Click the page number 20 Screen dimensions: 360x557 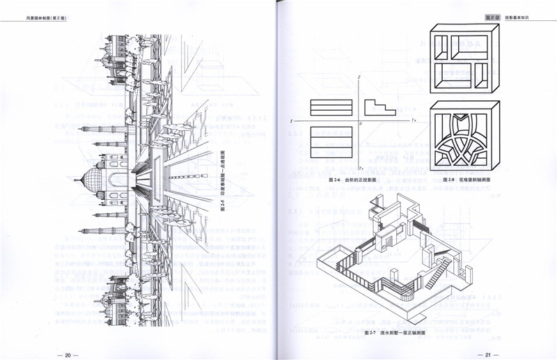click(68, 355)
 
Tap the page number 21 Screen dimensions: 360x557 click(488, 355)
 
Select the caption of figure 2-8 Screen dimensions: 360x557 click(466, 180)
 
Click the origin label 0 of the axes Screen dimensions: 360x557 click(361, 124)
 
